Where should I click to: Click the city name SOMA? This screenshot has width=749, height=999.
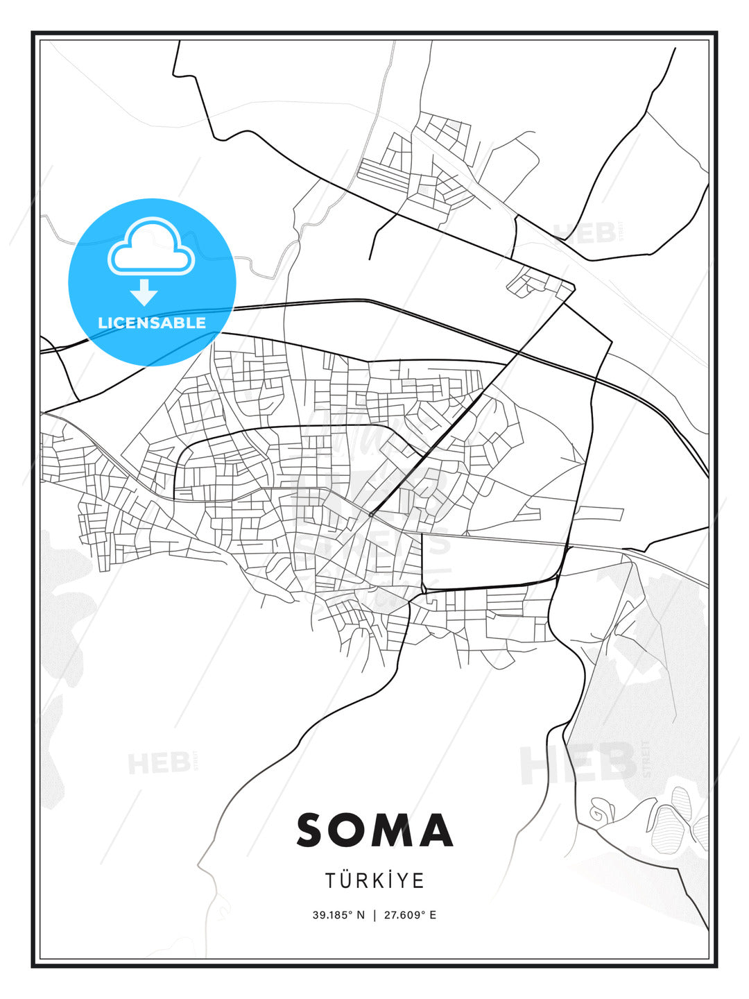point(374,830)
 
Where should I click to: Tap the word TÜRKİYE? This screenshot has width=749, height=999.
point(374,880)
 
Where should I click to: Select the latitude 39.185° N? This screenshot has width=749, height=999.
point(338,915)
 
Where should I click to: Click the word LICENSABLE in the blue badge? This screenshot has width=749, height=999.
point(152,323)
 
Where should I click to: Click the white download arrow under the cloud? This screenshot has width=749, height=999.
point(145,292)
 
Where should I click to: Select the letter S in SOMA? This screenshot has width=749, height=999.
point(311,830)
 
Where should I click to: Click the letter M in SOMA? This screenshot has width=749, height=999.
point(398,830)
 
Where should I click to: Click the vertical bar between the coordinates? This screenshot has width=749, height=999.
point(374,915)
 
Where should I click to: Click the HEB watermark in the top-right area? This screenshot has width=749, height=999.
point(584,232)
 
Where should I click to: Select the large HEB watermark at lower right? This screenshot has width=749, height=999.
point(579,763)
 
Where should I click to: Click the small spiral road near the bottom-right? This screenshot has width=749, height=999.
point(596,810)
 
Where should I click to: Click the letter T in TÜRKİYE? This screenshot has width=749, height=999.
point(332,881)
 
